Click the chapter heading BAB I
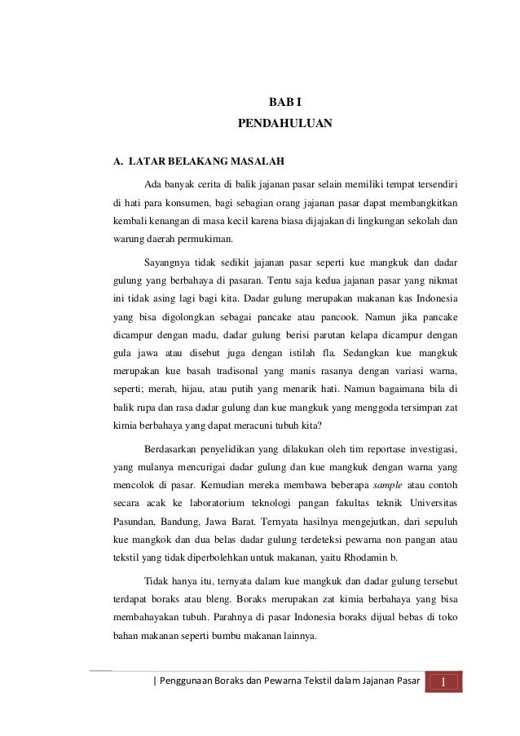285,103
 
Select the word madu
205,333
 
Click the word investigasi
430,447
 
